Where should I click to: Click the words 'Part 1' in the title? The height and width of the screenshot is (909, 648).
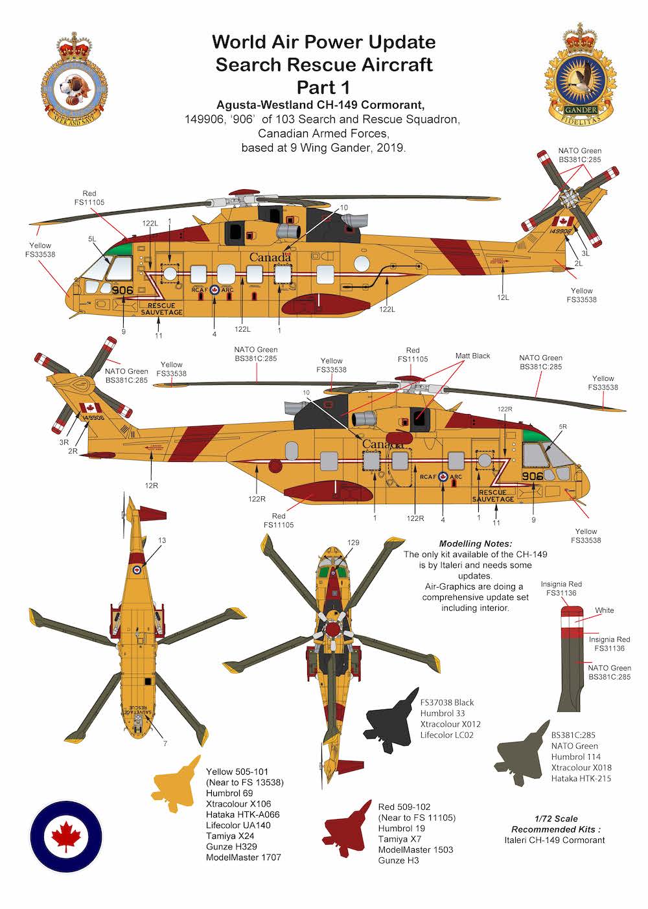coord(323,87)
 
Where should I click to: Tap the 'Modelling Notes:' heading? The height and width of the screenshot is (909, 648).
coord(475,544)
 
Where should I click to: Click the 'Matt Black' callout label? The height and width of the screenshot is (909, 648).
coord(472,356)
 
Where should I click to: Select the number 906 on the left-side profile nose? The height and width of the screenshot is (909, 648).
coord(122,290)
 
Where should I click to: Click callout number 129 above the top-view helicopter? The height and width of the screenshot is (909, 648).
coord(353,543)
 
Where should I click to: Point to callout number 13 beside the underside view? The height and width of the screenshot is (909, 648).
coord(162,540)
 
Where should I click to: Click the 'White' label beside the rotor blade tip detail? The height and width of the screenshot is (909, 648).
coord(605,610)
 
